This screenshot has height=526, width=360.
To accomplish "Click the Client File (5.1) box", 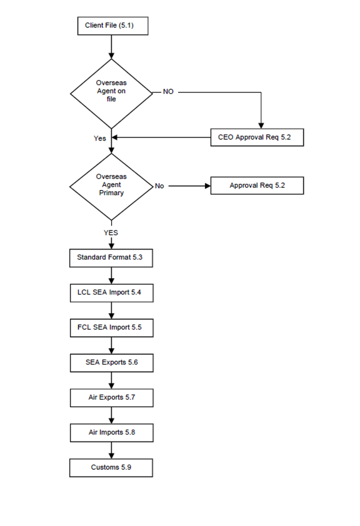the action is click(x=112, y=26).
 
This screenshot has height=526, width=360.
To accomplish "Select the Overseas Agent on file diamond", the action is click(x=111, y=94).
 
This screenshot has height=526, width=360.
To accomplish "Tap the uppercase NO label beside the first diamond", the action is click(x=168, y=91).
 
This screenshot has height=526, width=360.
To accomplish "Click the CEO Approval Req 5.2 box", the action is click(x=257, y=137).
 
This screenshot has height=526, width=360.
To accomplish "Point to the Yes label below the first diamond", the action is click(x=100, y=138).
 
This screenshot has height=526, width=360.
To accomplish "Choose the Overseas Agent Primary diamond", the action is click(x=111, y=186).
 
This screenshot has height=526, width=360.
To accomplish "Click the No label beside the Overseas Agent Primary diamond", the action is click(x=159, y=186).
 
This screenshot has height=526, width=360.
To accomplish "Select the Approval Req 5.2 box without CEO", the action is click(x=257, y=186).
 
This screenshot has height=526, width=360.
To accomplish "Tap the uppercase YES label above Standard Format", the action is click(x=111, y=233).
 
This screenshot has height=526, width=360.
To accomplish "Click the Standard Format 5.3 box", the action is click(x=111, y=258).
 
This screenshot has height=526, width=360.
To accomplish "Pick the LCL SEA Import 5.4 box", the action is click(x=112, y=293).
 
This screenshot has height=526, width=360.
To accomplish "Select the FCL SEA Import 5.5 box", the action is click(x=112, y=328).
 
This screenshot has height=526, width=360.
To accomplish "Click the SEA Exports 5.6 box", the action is click(x=112, y=363).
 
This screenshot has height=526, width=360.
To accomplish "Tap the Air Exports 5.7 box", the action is click(x=112, y=398).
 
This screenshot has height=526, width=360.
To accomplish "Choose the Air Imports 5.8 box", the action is click(x=112, y=433).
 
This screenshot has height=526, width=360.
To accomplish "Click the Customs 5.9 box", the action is click(x=111, y=468).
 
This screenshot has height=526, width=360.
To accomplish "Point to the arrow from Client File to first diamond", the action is click(x=112, y=47).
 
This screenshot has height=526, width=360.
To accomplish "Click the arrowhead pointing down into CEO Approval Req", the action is click(x=261, y=126).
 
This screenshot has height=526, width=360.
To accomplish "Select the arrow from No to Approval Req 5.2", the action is click(x=189, y=186).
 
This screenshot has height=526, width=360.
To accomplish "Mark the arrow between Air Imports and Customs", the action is click(x=112, y=450).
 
